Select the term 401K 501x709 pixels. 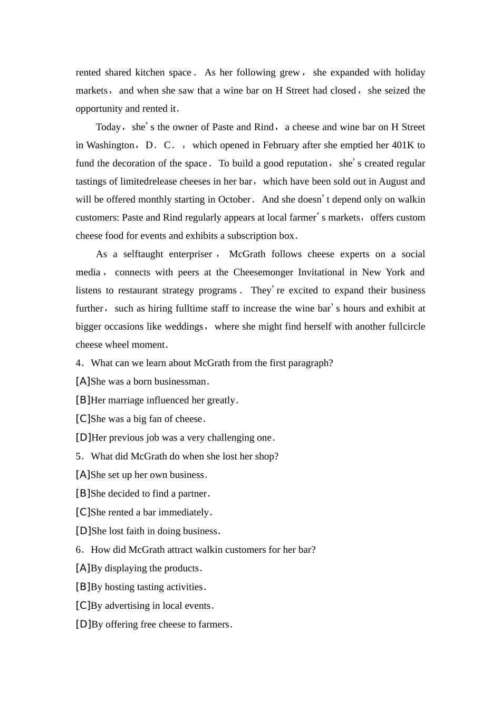tap(403, 145)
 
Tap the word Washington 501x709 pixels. tap(110, 145)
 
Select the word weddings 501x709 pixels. tap(184, 327)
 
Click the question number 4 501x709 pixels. tap(79, 363)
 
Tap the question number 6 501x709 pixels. tap(79, 550)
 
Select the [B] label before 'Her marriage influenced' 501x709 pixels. tap(83, 400)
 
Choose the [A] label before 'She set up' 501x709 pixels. tap(83, 475)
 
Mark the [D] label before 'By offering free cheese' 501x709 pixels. tap(83, 625)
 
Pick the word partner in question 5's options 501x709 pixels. tap(192, 494)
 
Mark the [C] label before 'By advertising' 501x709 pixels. tap(83, 606)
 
